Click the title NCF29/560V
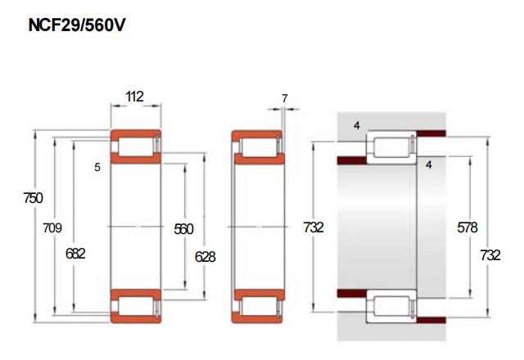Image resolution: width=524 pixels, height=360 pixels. click(x=77, y=25)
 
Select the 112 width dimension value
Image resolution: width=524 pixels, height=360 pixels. click(x=134, y=97)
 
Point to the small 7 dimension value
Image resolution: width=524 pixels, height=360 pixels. click(x=284, y=98)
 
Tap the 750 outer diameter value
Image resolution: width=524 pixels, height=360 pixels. click(x=33, y=198)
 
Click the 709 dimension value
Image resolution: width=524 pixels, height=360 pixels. click(x=52, y=227)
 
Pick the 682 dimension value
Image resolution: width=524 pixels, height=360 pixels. click(x=75, y=254)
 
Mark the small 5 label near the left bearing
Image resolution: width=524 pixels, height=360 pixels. click(x=97, y=167)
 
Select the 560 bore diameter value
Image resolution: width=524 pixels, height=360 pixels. click(x=183, y=229)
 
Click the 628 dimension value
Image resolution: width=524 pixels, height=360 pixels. click(x=206, y=257)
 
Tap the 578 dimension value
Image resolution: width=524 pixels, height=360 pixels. click(x=468, y=227)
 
